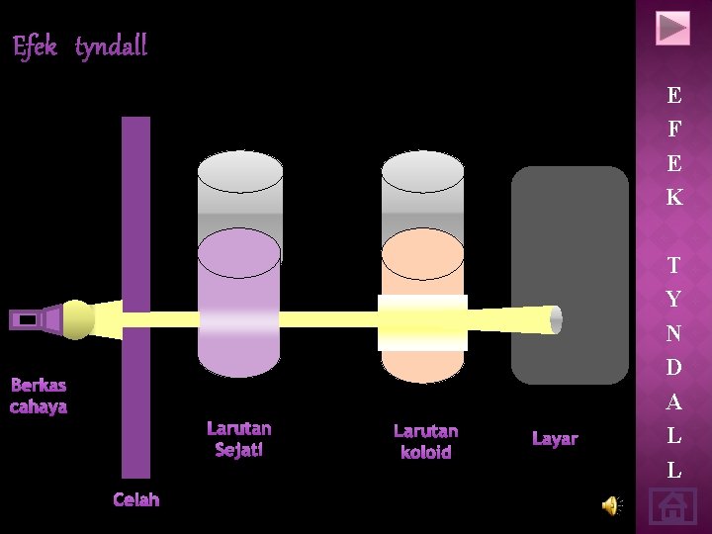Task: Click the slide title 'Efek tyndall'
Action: tap(80, 46)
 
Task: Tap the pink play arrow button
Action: tap(672, 28)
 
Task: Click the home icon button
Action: tap(672, 507)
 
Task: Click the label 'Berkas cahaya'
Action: tap(39, 396)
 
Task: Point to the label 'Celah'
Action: tap(135, 499)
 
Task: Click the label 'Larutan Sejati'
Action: tap(238, 439)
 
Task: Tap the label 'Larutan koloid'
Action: tap(425, 441)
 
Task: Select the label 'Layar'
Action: tap(555, 438)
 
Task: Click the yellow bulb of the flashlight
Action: tap(77, 318)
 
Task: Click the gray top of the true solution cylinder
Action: tap(239, 188)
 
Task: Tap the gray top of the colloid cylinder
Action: tap(422, 188)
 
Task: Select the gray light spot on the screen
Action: tap(555, 319)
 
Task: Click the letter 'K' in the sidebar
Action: tap(673, 197)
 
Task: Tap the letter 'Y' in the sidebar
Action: tap(673, 299)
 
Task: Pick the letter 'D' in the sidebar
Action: tap(673, 368)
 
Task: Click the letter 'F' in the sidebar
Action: tap(673, 129)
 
